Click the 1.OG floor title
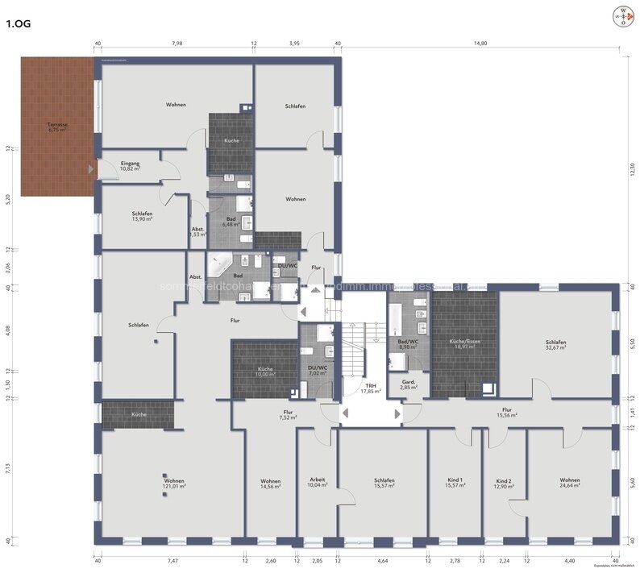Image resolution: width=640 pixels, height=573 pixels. point(19,24)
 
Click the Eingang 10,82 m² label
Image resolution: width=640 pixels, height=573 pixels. point(130,167)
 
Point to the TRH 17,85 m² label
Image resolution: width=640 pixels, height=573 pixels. point(370,388)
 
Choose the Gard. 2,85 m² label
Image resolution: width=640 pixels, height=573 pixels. point(409,384)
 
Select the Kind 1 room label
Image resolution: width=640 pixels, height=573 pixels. point(454,483)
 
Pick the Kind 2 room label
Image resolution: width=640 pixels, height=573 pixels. point(504,483)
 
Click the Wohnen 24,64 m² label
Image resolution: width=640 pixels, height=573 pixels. point(570,483)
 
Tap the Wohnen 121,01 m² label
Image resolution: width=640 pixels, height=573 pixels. point(174,483)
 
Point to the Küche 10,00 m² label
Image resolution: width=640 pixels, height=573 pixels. point(265,372)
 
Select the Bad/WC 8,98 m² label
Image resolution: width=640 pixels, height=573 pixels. point(408,344)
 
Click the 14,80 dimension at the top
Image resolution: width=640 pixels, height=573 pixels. point(480,44)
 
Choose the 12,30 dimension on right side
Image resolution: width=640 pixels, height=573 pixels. point(633,170)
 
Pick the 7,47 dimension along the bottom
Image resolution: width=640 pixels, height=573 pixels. point(172,560)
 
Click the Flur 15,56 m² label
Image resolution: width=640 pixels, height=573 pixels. point(506,413)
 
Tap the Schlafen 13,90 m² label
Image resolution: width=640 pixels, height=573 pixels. point(142,216)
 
